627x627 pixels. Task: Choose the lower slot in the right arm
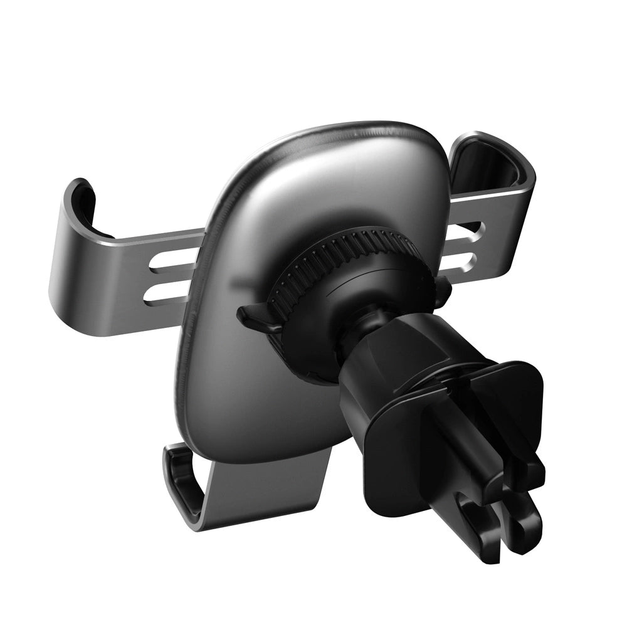(461, 260)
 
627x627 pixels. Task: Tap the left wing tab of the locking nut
(254, 317)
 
